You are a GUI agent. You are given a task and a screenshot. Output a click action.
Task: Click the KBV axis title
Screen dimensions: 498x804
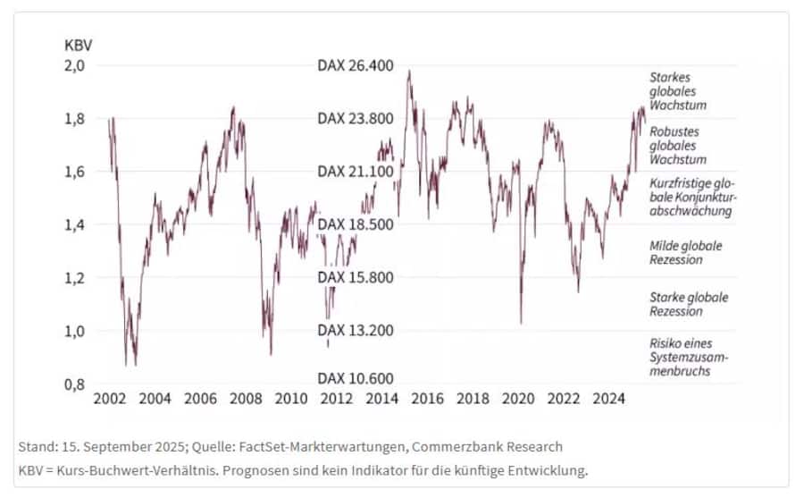[x=79, y=44]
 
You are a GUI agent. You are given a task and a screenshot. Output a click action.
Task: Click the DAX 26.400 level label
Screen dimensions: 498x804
[x=356, y=66]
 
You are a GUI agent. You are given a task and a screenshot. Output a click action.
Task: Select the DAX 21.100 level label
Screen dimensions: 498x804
[x=356, y=172]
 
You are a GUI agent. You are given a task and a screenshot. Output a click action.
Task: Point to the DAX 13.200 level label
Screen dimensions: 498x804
[x=356, y=331]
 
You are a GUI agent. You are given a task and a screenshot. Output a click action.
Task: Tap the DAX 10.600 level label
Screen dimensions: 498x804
[x=356, y=379]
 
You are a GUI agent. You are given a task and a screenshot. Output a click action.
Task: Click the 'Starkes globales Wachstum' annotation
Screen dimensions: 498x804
[x=678, y=91]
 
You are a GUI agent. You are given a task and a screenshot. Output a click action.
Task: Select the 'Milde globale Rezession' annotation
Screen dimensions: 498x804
[x=686, y=252]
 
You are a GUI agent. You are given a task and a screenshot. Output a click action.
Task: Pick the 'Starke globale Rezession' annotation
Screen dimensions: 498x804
[x=688, y=304]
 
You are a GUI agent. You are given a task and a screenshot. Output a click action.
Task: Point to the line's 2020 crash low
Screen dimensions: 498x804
[x=521, y=323]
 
